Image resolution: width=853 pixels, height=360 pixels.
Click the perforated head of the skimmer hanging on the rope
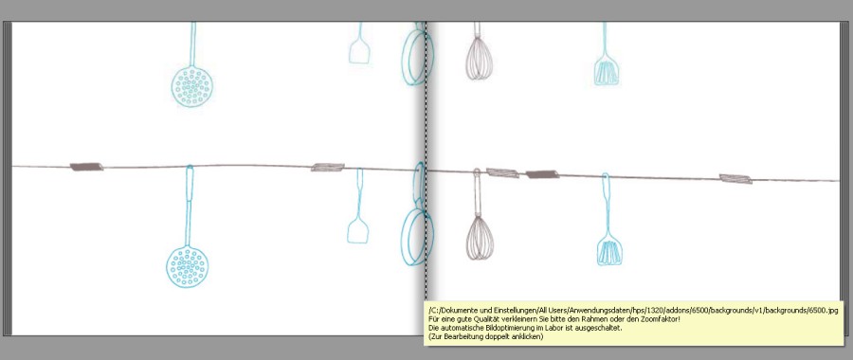tap(187, 266)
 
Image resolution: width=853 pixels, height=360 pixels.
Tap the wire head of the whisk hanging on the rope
tap(480, 238)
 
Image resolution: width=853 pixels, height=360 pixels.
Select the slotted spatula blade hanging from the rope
tap(609, 250)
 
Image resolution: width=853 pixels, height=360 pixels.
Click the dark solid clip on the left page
tap(86, 167)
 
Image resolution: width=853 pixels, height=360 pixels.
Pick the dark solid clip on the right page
tap(542, 174)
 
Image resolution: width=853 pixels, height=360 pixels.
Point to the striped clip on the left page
tap(328, 167)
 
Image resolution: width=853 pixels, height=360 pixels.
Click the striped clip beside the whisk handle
tap(502, 173)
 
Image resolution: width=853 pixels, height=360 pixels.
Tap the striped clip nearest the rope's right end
tap(735, 179)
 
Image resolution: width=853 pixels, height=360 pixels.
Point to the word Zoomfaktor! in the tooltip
tap(661, 319)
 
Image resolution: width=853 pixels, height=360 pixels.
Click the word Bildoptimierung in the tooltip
tap(499, 328)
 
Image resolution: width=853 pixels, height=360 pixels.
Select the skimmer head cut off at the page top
tap(192, 86)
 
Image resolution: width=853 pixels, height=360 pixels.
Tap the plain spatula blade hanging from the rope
tap(358, 230)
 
